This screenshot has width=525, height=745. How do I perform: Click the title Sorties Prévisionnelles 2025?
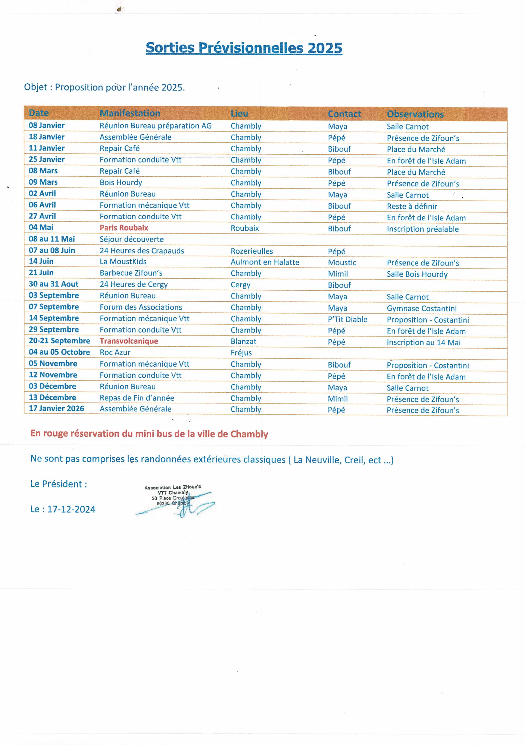pyautogui.click(x=244, y=48)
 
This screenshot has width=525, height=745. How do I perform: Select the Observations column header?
pyautogui.click(x=415, y=114)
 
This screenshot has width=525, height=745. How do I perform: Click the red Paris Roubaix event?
pyautogui.click(x=124, y=228)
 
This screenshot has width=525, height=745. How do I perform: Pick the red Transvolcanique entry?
pyautogui.click(x=129, y=341)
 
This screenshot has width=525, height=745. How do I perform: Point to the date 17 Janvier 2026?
pyautogui.click(x=56, y=408)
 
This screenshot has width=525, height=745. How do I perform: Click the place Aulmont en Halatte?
pyautogui.click(x=265, y=262)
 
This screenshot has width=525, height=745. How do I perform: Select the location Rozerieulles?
pyautogui.click(x=252, y=251)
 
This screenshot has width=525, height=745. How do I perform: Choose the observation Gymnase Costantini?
pyautogui.click(x=422, y=308)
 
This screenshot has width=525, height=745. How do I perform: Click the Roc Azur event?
pyautogui.click(x=115, y=352)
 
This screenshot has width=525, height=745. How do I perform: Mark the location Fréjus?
pyautogui.click(x=241, y=353)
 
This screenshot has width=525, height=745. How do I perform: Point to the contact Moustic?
pyautogui.click(x=342, y=263)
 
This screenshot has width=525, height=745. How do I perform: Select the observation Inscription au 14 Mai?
pyautogui.click(x=424, y=342)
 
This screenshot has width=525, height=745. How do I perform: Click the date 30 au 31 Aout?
pyautogui.click(x=53, y=284)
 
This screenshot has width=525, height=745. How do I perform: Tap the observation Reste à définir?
pyautogui.click(x=412, y=206)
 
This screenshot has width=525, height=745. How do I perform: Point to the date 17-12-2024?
pyautogui.click(x=71, y=509)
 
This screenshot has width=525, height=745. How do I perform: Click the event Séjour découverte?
pyautogui.click(x=132, y=239)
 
